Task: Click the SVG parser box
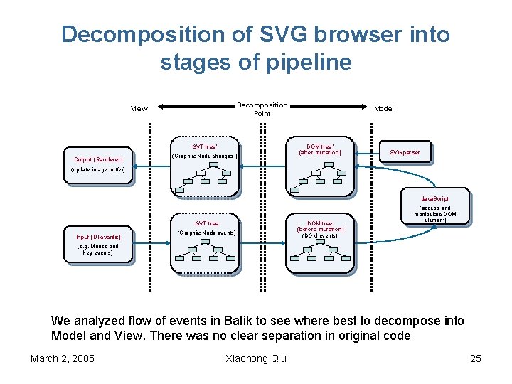[405, 152]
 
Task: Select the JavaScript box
[434, 197]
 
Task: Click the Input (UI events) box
[98, 237]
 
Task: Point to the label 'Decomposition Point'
[262, 109]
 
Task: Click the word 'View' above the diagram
[139, 109]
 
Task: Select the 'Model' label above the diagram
[383, 109]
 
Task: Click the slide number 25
[476, 358]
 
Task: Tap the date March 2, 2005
[63, 358]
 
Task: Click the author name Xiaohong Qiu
[255, 358]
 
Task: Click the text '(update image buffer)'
[98, 171]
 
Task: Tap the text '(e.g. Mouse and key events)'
[97, 250]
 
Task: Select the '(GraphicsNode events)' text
[206, 233]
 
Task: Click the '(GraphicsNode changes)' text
[206, 156]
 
